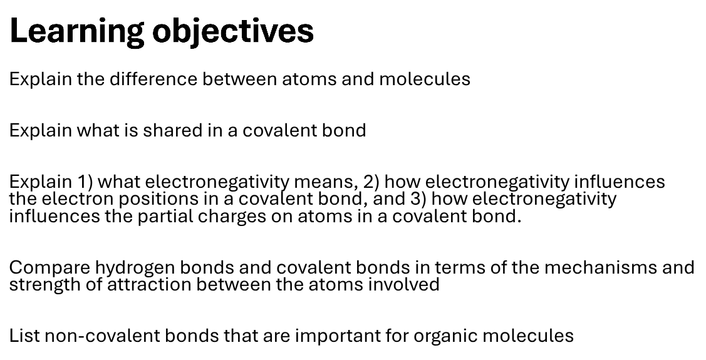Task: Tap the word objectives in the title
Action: (x=233, y=31)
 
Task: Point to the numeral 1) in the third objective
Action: (x=85, y=182)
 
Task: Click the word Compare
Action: (x=49, y=268)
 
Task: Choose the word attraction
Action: (x=149, y=284)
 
